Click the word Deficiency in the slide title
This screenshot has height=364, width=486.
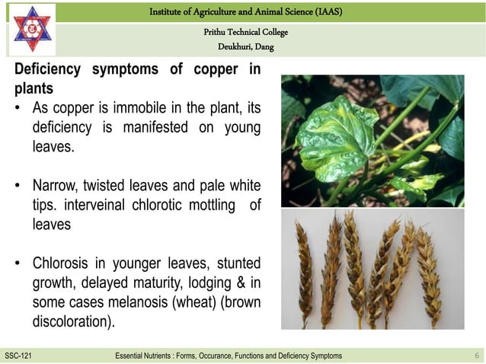(x=48, y=70)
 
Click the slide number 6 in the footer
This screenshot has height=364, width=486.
(x=476, y=356)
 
